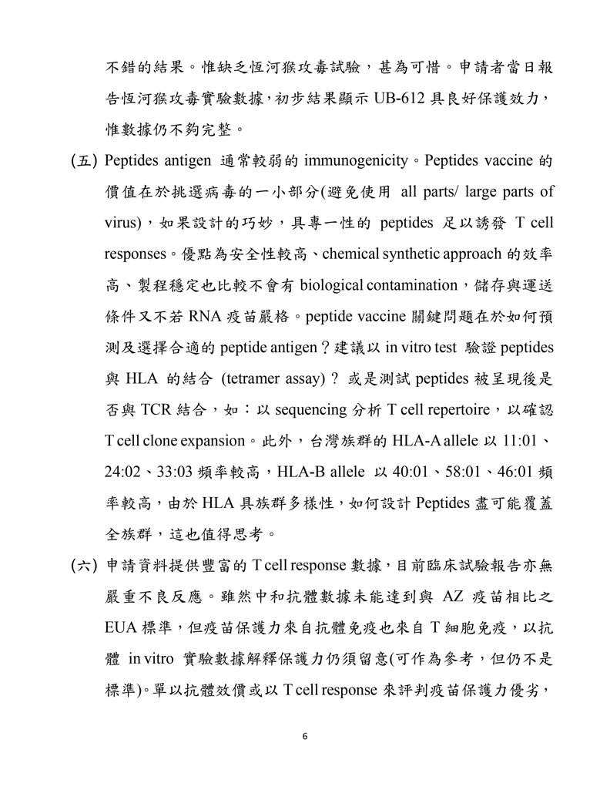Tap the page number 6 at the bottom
[x=305, y=737]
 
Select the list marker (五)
[x=82, y=162]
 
